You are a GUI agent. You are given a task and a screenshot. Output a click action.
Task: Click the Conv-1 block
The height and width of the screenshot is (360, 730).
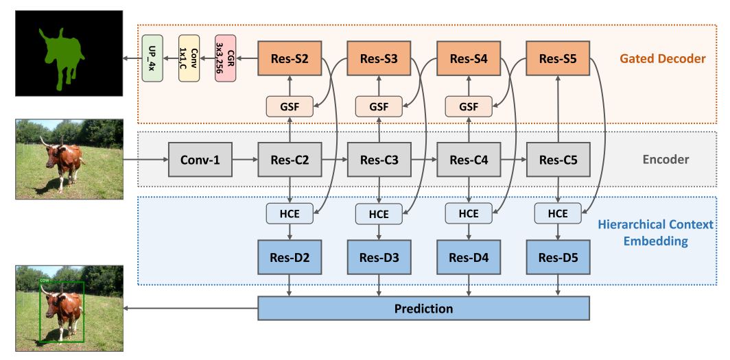tap(200, 160)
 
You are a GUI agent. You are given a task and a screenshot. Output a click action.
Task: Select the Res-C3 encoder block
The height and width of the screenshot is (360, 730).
tap(379, 160)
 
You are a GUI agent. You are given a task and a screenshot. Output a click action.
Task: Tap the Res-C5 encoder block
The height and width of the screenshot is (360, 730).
tap(558, 160)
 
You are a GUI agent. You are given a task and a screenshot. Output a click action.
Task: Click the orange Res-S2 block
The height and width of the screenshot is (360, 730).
tap(290, 59)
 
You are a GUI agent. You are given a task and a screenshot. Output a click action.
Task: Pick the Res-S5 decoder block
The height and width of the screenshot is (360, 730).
tap(558, 59)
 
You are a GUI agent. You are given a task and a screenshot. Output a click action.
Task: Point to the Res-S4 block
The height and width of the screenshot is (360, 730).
tap(469, 59)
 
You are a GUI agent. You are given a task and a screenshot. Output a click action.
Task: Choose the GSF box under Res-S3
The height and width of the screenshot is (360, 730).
tap(379, 106)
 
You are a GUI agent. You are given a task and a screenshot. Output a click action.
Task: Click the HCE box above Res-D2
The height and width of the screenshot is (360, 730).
tap(290, 213)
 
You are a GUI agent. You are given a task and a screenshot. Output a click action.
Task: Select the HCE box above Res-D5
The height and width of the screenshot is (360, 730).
tap(558, 213)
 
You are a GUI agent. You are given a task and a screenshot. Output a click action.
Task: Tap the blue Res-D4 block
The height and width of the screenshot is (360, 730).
tap(469, 258)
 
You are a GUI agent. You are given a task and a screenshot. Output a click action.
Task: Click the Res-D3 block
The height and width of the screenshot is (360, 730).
tap(379, 258)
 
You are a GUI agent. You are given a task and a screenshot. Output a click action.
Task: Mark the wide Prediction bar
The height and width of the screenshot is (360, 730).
tap(423, 309)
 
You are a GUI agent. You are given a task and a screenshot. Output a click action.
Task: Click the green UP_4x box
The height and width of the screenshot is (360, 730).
tap(152, 58)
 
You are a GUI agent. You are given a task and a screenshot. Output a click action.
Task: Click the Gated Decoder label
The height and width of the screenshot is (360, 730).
tap(662, 59)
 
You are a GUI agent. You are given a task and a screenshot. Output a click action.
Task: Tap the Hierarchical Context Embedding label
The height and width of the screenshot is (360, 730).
tap(655, 233)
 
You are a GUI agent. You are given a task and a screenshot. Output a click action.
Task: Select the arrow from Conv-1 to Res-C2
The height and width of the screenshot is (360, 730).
tap(244, 160)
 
